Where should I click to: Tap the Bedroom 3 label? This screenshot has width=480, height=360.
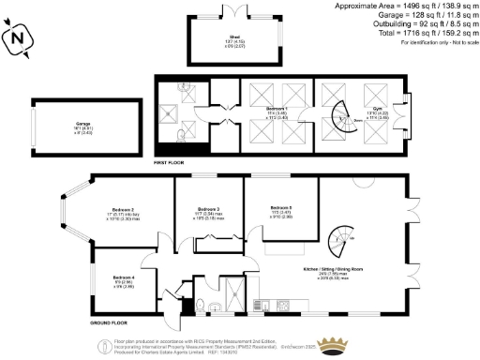point(208,210)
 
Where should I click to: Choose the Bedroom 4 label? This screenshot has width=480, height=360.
point(124,278)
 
